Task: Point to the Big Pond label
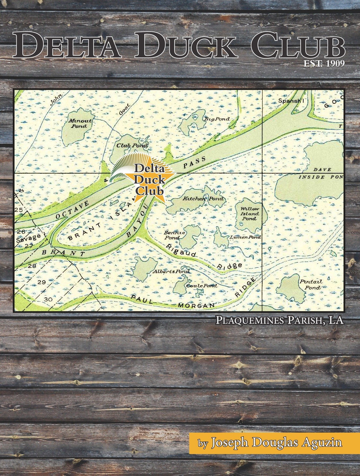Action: tap(217, 119)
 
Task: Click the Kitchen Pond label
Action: tap(203, 199)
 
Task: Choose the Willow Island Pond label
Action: tap(250, 214)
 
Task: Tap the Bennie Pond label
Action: tap(174, 235)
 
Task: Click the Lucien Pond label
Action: tap(245, 237)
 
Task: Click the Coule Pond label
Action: tap(202, 286)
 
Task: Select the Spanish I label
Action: tap(290, 101)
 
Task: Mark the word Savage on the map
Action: tap(28, 238)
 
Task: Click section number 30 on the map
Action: tap(48, 299)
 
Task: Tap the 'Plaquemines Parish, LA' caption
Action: tap(280, 320)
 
